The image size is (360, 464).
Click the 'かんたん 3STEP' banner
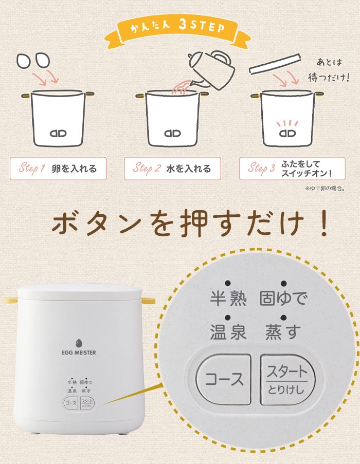tap(177, 32)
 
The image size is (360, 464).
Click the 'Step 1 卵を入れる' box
tap(58, 169)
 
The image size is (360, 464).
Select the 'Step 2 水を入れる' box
tap(172, 169)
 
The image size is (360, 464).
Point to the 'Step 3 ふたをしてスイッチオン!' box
tap(292, 169)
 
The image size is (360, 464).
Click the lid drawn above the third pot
tap(275, 64)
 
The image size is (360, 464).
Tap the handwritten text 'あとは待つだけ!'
tap(329, 70)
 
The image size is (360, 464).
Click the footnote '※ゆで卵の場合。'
tap(325, 188)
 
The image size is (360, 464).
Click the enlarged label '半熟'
tap(228, 298)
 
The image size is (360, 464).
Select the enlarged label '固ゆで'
tap(283, 298)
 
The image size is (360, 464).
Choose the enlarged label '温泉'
tap(228, 332)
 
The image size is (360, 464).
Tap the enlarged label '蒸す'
tap(283, 332)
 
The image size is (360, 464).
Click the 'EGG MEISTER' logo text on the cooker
tap(79, 352)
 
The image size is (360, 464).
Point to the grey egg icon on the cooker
tap(79, 343)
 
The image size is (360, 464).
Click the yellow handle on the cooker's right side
tap(148, 301)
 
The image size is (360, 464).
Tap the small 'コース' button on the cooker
tap(71, 403)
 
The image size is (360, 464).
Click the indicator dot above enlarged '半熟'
tap(228, 283)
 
